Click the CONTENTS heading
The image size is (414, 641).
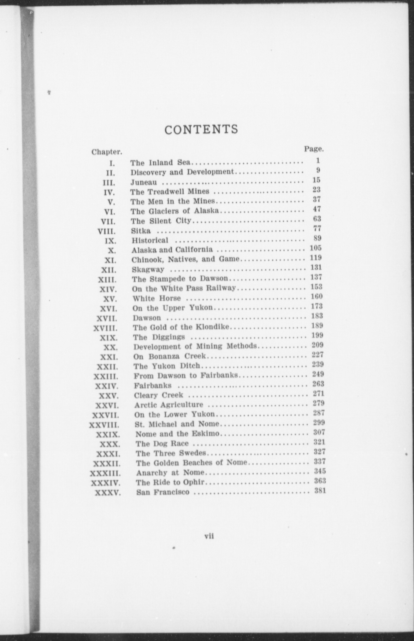coord(201,130)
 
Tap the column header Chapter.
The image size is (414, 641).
coord(107,152)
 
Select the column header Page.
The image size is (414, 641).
coord(314,149)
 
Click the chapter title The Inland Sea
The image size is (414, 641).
coord(161,163)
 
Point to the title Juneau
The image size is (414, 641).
coord(144,182)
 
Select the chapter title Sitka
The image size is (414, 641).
coord(141,231)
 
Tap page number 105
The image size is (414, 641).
coord(315,248)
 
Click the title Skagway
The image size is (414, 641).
coord(148,269)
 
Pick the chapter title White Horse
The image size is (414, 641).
coord(157,298)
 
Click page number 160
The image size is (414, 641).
coord(316,297)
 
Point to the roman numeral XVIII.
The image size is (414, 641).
coord(105,328)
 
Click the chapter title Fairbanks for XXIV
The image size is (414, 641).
coord(153,385)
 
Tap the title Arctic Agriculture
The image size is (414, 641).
coord(169,405)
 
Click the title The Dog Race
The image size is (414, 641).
coord(162,444)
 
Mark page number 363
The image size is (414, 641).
coord(320,481)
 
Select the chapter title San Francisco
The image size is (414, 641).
coord(163,492)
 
